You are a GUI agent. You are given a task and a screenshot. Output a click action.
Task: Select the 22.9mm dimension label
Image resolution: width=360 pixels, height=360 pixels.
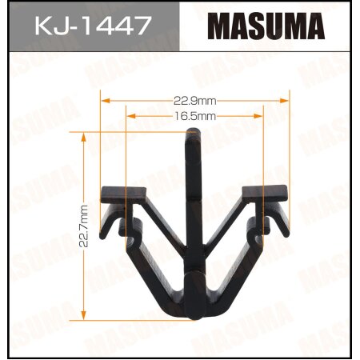[194, 101]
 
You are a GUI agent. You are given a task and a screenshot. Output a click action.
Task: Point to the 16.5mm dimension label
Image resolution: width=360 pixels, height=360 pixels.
[194, 116]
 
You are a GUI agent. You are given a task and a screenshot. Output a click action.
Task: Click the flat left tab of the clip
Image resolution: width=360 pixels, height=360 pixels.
[124, 194]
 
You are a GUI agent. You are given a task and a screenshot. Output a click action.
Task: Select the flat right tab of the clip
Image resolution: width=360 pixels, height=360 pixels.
[264, 193]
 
